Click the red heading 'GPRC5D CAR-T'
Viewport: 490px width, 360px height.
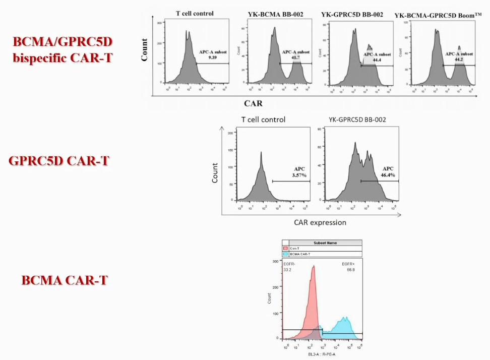pos(59,161)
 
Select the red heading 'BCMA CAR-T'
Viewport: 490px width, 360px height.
pos(65,280)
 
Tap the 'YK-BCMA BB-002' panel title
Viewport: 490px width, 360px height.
pos(276,14)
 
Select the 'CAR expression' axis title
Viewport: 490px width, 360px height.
pos(320,222)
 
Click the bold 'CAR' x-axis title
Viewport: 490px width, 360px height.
pos(254,103)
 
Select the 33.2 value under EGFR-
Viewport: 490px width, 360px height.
pos(287,270)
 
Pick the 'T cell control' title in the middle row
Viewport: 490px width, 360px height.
pos(263,120)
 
